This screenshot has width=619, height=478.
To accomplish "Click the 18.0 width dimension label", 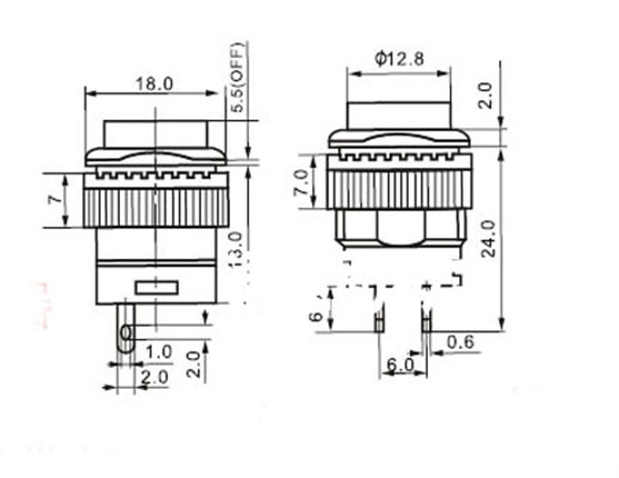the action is coord(154,84).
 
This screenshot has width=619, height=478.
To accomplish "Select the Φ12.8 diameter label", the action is coord(399,59).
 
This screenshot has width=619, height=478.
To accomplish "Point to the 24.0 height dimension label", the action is coord(489,239).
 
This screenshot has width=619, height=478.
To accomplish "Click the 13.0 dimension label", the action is coord(236,249).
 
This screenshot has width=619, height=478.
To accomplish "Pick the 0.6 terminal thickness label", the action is coord(460,342).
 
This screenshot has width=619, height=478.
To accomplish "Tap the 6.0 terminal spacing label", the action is coord(400,365).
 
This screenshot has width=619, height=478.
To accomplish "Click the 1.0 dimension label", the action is coord(158,351).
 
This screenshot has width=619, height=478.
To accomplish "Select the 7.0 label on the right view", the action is coord(302,182).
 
